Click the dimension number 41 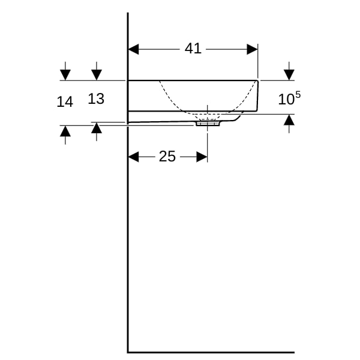pos(193,49)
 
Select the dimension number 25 pos(167,157)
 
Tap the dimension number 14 pos(65,101)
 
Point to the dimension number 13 pos(96,99)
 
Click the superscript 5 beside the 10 pos(298,95)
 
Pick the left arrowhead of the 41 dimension pos(133,49)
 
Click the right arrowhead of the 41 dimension pos(252,49)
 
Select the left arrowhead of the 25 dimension pos(133,157)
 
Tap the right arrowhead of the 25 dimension pos(202,157)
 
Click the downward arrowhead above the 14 pos(65,75)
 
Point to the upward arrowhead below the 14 pos(65,131)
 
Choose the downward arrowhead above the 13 pos(97,75)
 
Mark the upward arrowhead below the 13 pos(97,128)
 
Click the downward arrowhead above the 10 pos(289,75)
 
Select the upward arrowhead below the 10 pos(289,119)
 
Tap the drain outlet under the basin pos(208,124)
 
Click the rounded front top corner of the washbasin pos(257,81)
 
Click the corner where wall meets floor pos(128,352)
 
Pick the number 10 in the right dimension pos(286,100)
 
